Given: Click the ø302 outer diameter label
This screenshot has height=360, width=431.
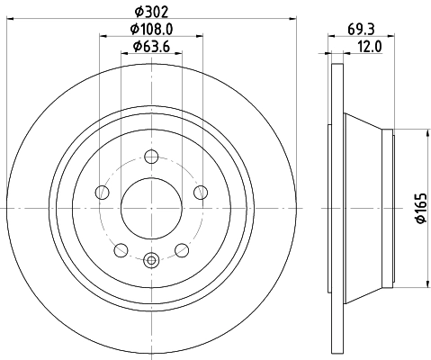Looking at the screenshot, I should click(x=151, y=11).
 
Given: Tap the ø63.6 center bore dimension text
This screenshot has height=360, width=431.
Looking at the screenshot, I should click(x=151, y=47).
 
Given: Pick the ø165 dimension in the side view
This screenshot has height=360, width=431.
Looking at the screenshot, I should click(x=418, y=208).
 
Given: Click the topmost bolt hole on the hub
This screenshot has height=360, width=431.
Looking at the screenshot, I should click(x=151, y=158).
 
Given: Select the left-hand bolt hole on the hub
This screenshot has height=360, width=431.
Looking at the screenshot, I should click(x=103, y=193).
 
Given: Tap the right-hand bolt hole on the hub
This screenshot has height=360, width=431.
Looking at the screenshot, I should click(x=200, y=193).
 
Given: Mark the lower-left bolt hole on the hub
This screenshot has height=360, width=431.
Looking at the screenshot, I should click(x=121, y=249).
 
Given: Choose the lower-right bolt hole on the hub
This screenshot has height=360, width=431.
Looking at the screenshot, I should click(x=181, y=249).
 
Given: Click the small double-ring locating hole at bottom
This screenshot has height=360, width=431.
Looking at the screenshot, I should click(x=151, y=261).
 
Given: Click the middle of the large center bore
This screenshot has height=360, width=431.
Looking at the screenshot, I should click(x=151, y=209).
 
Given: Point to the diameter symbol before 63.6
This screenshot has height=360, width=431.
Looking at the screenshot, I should click(x=135, y=47).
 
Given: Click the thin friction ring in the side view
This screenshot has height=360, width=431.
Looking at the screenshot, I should click(x=337, y=209).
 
